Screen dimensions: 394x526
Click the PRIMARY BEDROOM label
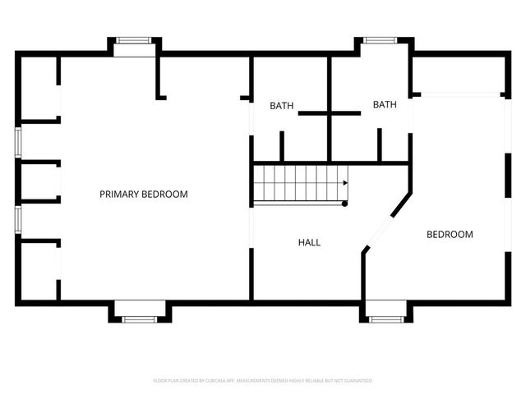pyautogui.click(x=144, y=195)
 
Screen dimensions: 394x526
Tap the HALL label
pyautogui.click(x=309, y=243)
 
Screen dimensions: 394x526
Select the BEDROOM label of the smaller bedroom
pyautogui.click(x=450, y=235)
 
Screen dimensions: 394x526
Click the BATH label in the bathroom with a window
pyautogui.click(x=385, y=104)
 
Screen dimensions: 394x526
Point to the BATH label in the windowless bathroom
pyautogui.click(x=282, y=106)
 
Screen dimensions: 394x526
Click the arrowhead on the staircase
pyautogui.click(x=346, y=183)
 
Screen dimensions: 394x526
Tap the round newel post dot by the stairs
pyautogui.click(x=345, y=203)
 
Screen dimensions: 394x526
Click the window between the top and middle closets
pyautogui.click(x=17, y=141)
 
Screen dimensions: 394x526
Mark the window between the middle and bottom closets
pyautogui.click(x=17, y=220)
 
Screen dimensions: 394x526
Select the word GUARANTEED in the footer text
pyautogui.click(x=354, y=381)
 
